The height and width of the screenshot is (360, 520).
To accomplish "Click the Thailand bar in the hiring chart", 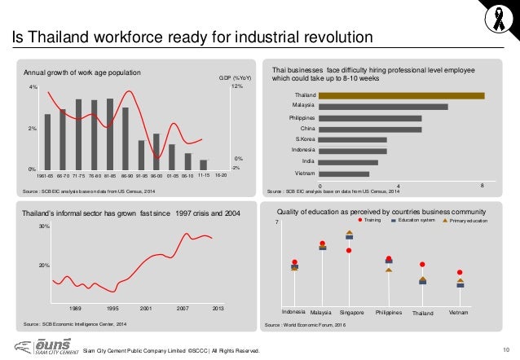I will [401, 95].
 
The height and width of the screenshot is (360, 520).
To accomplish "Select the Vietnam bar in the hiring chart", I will [344, 173].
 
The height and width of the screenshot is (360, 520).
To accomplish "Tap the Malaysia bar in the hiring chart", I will [383, 107].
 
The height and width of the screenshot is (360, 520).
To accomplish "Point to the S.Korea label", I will [305, 139].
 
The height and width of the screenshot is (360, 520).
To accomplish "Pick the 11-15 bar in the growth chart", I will [203, 164].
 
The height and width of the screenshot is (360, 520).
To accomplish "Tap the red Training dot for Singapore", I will [349, 250].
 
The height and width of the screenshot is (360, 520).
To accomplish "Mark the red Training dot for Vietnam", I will [461, 272].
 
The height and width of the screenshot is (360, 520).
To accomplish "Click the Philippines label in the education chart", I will [389, 312].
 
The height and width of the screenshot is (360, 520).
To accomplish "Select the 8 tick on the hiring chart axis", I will [483, 186].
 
